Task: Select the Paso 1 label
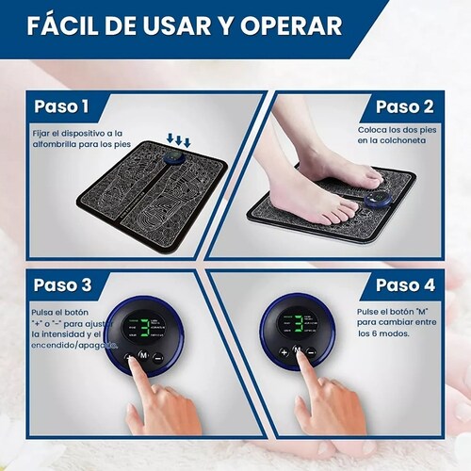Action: [62, 106]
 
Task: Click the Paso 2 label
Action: [404, 106]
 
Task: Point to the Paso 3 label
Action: [62, 284]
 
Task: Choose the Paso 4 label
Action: [404, 284]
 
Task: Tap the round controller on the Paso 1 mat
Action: [179, 161]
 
